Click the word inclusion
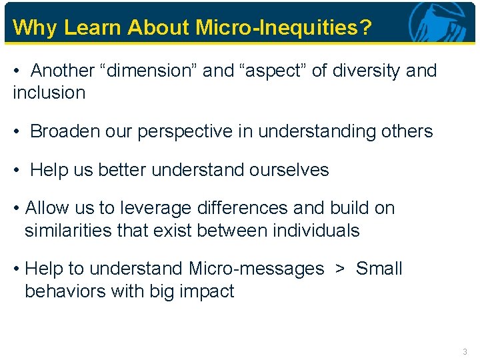point(49,93)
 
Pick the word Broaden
point(63,131)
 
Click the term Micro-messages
point(257,269)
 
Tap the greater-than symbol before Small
point(340,269)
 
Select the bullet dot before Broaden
point(17,132)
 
